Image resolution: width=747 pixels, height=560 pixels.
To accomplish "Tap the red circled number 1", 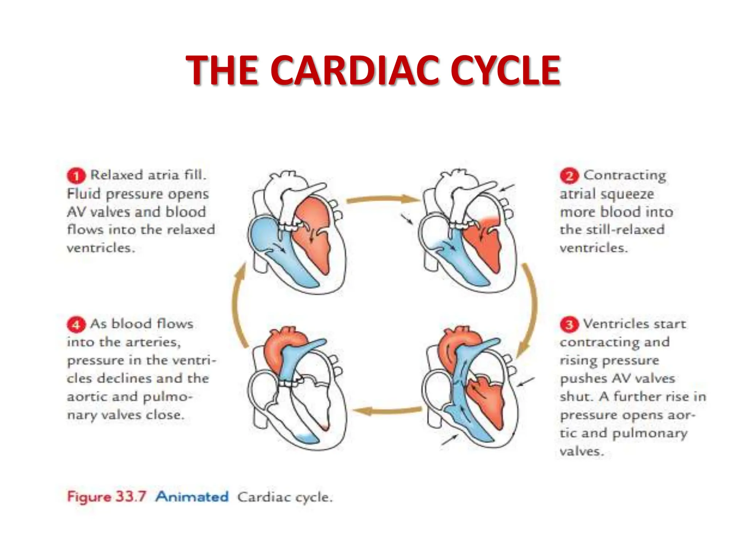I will click(x=76, y=176).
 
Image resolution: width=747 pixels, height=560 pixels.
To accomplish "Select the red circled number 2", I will click(x=569, y=176).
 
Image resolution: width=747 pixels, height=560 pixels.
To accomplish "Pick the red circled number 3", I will click(x=569, y=324).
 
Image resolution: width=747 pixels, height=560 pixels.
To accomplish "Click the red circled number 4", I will click(x=76, y=324).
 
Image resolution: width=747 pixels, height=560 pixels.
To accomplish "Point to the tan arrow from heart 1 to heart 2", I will click(x=381, y=199).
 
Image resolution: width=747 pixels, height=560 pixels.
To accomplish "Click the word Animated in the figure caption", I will click(x=192, y=497).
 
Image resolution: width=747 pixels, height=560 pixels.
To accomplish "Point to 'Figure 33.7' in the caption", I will click(x=107, y=497).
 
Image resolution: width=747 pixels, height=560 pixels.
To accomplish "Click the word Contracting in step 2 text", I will click(x=624, y=175).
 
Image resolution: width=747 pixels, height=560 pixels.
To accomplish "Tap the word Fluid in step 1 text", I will click(x=84, y=194).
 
